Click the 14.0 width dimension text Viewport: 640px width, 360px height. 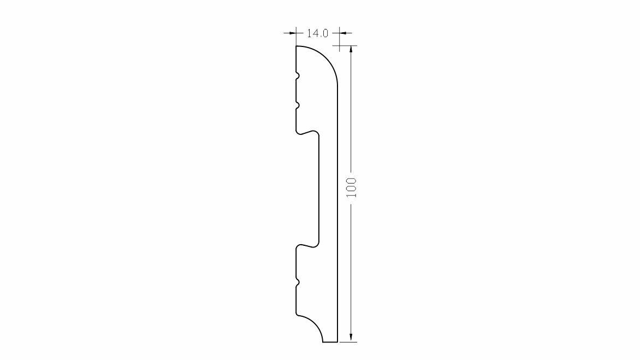click(317, 33)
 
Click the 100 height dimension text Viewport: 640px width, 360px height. click(352, 188)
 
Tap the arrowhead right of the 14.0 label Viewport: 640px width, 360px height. click(343, 33)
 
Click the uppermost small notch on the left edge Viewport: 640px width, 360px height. click(298, 76)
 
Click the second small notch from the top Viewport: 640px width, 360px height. click(298, 106)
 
